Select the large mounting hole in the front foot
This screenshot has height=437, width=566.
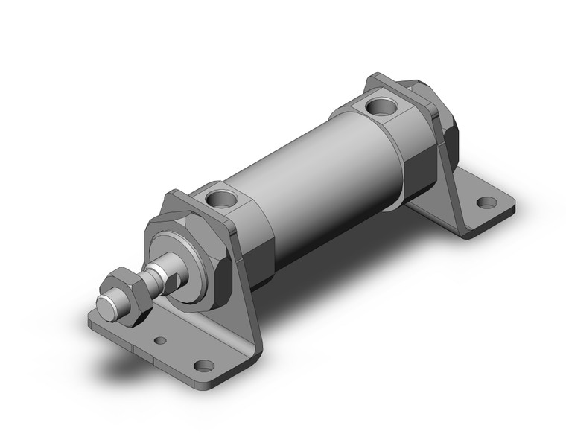point(202,365)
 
